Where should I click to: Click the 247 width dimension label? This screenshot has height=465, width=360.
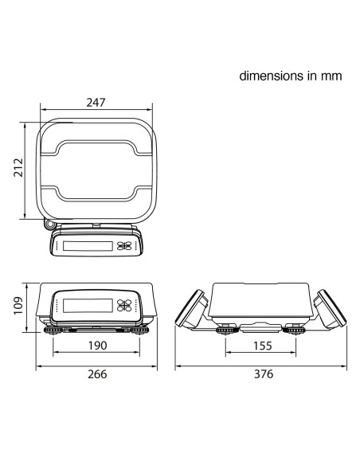click(x=96, y=102)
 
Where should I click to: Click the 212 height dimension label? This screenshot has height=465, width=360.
click(x=18, y=167)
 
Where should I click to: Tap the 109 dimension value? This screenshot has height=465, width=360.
click(x=18, y=305)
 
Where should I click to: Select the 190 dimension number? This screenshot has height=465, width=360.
click(x=97, y=346)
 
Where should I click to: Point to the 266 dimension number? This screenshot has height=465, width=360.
click(x=97, y=374)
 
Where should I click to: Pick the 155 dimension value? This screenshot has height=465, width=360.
click(x=263, y=346)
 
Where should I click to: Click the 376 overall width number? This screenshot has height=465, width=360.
click(x=264, y=374)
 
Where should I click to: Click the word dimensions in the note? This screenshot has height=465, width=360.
click(x=272, y=76)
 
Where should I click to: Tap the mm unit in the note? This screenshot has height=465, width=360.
click(x=331, y=76)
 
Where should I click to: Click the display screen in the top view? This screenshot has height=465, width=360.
click(x=88, y=246)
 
